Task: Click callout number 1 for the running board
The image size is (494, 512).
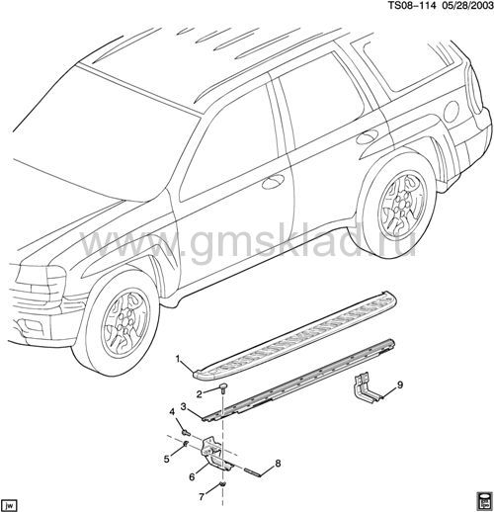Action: (x=178, y=359)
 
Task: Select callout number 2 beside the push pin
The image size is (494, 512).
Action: (x=200, y=393)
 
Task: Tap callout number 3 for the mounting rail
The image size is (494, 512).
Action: (x=184, y=407)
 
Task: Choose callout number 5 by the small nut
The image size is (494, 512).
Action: (x=167, y=459)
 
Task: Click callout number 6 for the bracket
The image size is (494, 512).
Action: (x=192, y=476)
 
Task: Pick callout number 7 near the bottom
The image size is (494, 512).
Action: (x=202, y=495)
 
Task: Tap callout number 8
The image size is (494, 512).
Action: (x=278, y=464)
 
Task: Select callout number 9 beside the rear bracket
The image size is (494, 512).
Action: (x=400, y=384)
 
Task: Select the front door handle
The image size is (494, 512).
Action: (x=273, y=181)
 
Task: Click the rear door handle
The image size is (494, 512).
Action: (x=368, y=135)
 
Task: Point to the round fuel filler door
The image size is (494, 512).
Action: (x=451, y=111)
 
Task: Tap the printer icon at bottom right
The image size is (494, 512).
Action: (x=484, y=501)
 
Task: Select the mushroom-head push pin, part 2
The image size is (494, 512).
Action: (x=223, y=387)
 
